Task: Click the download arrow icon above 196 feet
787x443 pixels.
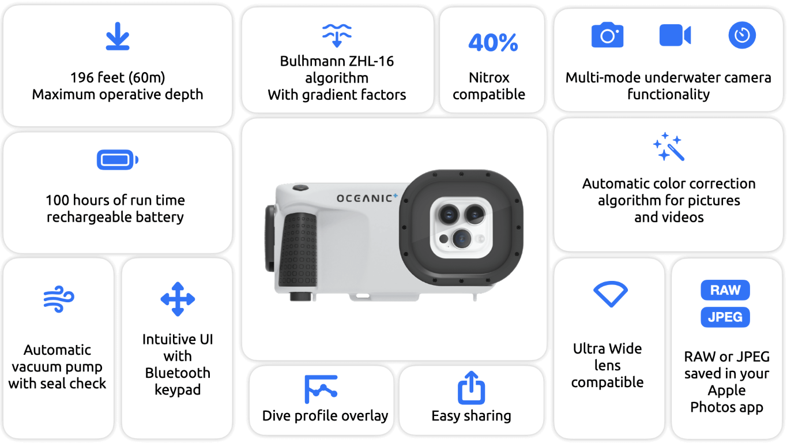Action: pyautogui.click(x=118, y=36)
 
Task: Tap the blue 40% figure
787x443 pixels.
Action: pyautogui.click(x=493, y=43)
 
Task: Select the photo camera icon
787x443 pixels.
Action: pyautogui.click(x=607, y=35)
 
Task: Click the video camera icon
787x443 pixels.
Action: pyautogui.click(x=675, y=35)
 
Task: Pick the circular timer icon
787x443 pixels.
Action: pyautogui.click(x=741, y=35)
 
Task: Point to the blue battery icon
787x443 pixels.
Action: pyautogui.click(x=118, y=160)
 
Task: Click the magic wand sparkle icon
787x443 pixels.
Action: pyautogui.click(x=669, y=147)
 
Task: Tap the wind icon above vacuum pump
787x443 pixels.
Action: pyautogui.click(x=59, y=299)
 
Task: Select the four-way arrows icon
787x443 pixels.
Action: pyautogui.click(x=178, y=299)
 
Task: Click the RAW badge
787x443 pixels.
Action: pyautogui.click(x=725, y=290)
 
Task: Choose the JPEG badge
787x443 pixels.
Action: pyautogui.click(x=725, y=317)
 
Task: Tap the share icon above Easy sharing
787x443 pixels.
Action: pyautogui.click(x=471, y=388)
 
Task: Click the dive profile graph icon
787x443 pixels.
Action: pyautogui.click(x=321, y=389)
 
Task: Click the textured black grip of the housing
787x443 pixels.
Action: pyautogui.click(x=299, y=250)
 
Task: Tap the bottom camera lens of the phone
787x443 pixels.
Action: pyautogui.click(x=461, y=239)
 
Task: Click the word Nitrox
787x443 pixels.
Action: pyautogui.click(x=489, y=78)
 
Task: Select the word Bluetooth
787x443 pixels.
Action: pyautogui.click(x=178, y=373)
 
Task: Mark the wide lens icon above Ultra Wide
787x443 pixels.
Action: pyautogui.click(x=610, y=294)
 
